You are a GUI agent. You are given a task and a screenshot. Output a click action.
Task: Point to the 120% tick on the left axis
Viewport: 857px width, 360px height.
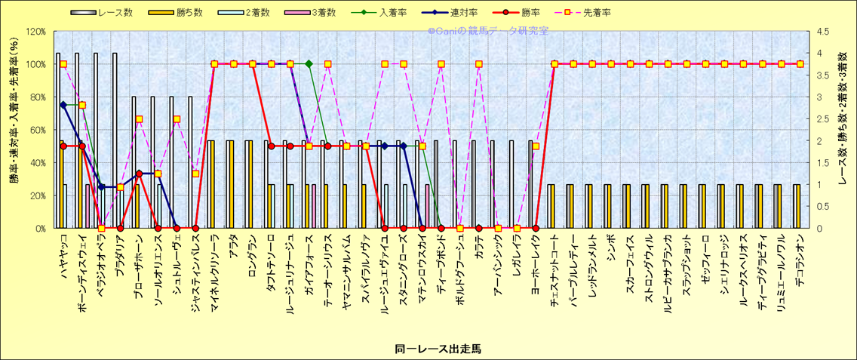(x=35, y=32)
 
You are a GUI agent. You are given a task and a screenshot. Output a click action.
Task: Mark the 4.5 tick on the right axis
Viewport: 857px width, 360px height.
(x=821, y=32)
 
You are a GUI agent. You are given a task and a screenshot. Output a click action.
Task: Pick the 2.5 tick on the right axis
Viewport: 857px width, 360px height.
(x=821, y=118)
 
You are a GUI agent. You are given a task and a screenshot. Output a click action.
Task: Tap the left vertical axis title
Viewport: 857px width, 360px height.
(x=13, y=130)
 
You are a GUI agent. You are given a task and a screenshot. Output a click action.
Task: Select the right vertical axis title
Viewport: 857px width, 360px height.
(x=843, y=130)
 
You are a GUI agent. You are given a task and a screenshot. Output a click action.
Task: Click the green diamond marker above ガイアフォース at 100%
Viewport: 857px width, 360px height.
(x=309, y=64)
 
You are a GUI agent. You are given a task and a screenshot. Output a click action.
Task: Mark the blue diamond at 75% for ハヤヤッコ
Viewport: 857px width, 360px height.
(x=63, y=105)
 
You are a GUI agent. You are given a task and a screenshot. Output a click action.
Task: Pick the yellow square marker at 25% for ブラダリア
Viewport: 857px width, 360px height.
(x=120, y=187)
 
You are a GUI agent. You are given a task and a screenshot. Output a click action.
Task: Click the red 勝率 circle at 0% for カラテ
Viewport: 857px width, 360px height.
(x=478, y=228)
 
